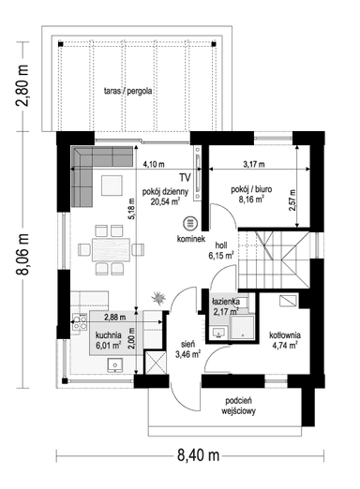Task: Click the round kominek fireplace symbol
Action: pos(189,223)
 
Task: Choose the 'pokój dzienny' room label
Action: pos(165,190)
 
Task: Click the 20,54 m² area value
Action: pos(165,201)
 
